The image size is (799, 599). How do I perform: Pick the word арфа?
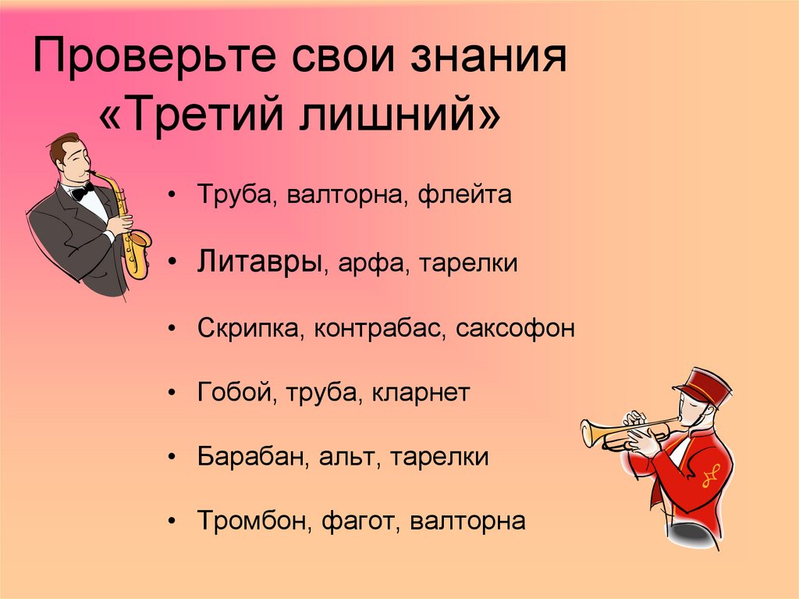(x=367, y=262)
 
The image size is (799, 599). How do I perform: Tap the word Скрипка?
(x=250, y=328)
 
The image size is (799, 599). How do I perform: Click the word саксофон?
(x=517, y=328)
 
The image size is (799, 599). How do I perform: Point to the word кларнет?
(x=421, y=392)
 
